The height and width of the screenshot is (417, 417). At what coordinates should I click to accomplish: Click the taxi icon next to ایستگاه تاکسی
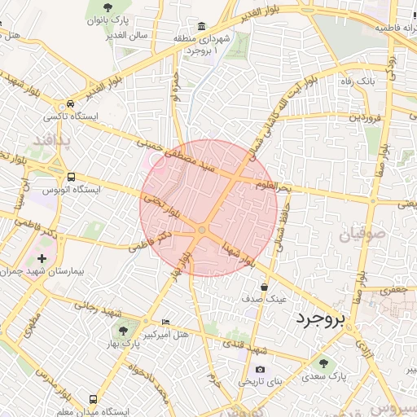72,104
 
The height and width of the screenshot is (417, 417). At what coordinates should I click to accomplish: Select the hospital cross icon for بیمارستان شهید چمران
42,259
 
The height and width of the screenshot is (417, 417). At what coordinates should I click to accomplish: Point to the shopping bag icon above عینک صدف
265,287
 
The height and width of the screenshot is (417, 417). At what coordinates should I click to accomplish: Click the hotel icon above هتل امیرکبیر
166,323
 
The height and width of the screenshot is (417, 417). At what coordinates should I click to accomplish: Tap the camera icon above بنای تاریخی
260,369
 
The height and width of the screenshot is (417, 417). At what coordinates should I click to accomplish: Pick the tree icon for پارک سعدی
323,363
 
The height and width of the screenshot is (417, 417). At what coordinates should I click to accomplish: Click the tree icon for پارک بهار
122,331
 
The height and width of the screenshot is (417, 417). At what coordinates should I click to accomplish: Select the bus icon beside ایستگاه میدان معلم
93,400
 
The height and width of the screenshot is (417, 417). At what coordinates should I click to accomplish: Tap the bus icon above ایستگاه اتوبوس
71,177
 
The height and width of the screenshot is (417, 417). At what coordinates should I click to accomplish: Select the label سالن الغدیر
125,35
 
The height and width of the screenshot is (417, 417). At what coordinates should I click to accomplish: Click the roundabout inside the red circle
202,231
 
